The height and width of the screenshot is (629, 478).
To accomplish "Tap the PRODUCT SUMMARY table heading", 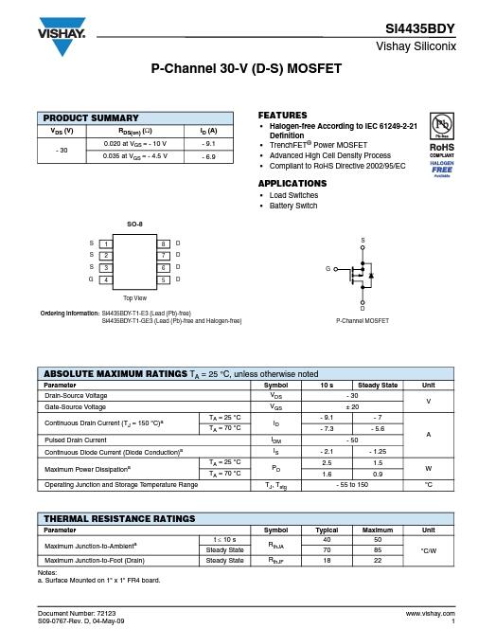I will pos(91,118).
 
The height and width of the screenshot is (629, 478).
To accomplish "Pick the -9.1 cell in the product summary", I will pos(208,143).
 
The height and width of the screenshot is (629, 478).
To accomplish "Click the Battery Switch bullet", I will pos(293,206).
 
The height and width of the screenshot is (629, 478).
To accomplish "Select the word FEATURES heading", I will pos(283,114).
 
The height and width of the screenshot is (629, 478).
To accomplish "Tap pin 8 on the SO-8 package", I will pos(162,244).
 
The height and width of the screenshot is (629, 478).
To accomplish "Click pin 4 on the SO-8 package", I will pos(107,279).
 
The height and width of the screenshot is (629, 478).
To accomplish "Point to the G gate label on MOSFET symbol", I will pos(328,269).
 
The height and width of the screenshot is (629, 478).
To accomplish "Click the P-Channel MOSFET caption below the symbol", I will pos(363,321).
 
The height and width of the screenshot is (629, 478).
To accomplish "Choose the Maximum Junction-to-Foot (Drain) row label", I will pos(95,561).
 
